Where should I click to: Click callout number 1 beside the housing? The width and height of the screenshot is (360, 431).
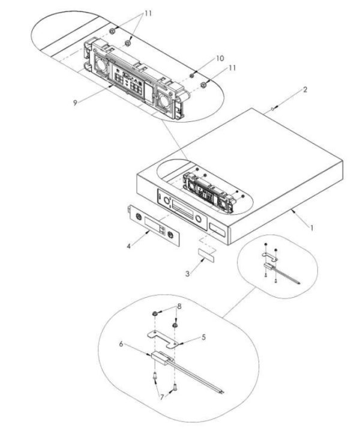point(311,229)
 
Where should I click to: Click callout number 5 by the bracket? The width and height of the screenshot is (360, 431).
point(203,338)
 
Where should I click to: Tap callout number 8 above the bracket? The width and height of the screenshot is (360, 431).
point(178,306)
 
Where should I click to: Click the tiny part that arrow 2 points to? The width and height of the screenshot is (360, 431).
point(273,109)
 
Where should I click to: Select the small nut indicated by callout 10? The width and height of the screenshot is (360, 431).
point(191,75)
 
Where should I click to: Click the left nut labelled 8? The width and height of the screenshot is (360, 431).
point(155,314)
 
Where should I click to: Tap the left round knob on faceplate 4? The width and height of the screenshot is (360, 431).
point(140,217)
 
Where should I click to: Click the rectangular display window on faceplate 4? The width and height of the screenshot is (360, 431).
point(154,223)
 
